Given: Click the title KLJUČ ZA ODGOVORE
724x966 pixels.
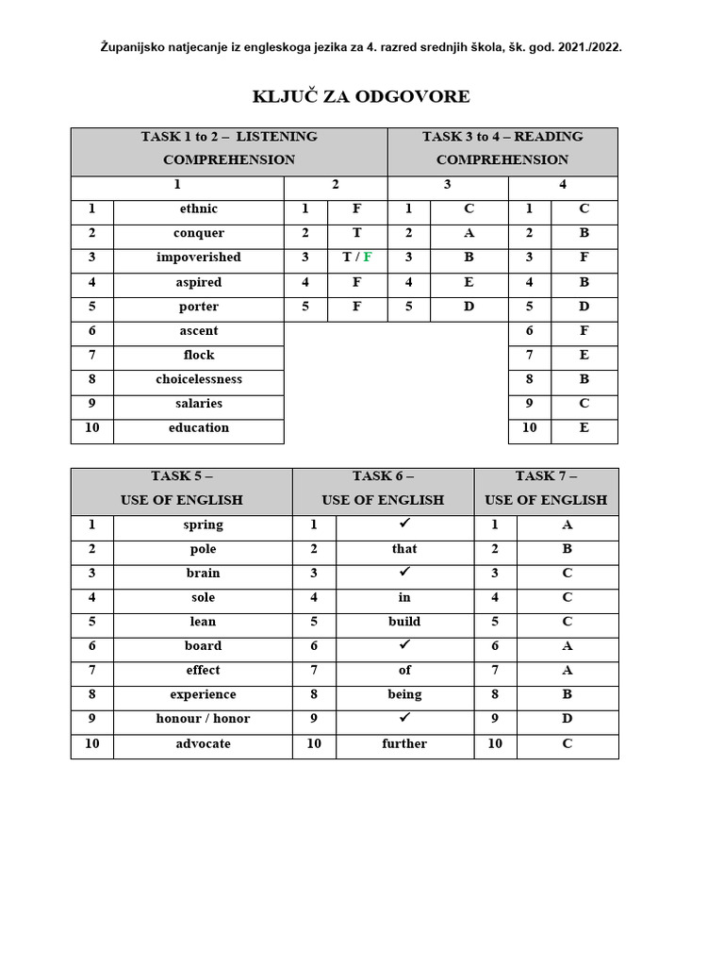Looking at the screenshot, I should pyautogui.click(x=361, y=97).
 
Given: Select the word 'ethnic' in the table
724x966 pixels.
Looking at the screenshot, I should pyautogui.click(x=198, y=208).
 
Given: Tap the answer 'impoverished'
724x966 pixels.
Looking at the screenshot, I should pyautogui.click(x=198, y=258).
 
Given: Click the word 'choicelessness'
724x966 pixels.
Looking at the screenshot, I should pyautogui.click(x=198, y=379).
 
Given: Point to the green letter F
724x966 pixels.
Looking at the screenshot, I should pyautogui.click(x=368, y=258).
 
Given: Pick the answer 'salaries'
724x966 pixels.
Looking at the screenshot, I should pyautogui.click(x=198, y=404).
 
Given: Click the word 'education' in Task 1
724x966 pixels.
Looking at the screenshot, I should pyautogui.click(x=198, y=428).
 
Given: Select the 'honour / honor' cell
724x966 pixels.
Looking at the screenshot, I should pyautogui.click(x=203, y=719).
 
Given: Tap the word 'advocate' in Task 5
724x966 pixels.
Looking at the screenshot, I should pyautogui.click(x=203, y=744).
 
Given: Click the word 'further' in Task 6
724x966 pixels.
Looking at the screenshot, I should pyautogui.click(x=404, y=744).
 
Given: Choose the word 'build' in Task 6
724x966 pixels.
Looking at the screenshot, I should pyautogui.click(x=404, y=622).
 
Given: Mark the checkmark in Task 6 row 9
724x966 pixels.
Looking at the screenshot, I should pyautogui.click(x=404, y=718).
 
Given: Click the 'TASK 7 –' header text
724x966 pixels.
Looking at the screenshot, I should pyautogui.click(x=546, y=476).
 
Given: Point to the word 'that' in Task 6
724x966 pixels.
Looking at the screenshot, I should pyautogui.click(x=404, y=549).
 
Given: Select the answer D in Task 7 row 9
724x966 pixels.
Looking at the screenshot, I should pyautogui.click(x=567, y=719).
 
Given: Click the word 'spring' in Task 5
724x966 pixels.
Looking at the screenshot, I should pyautogui.click(x=203, y=525).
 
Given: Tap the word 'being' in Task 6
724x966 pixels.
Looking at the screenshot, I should pyautogui.click(x=404, y=694).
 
